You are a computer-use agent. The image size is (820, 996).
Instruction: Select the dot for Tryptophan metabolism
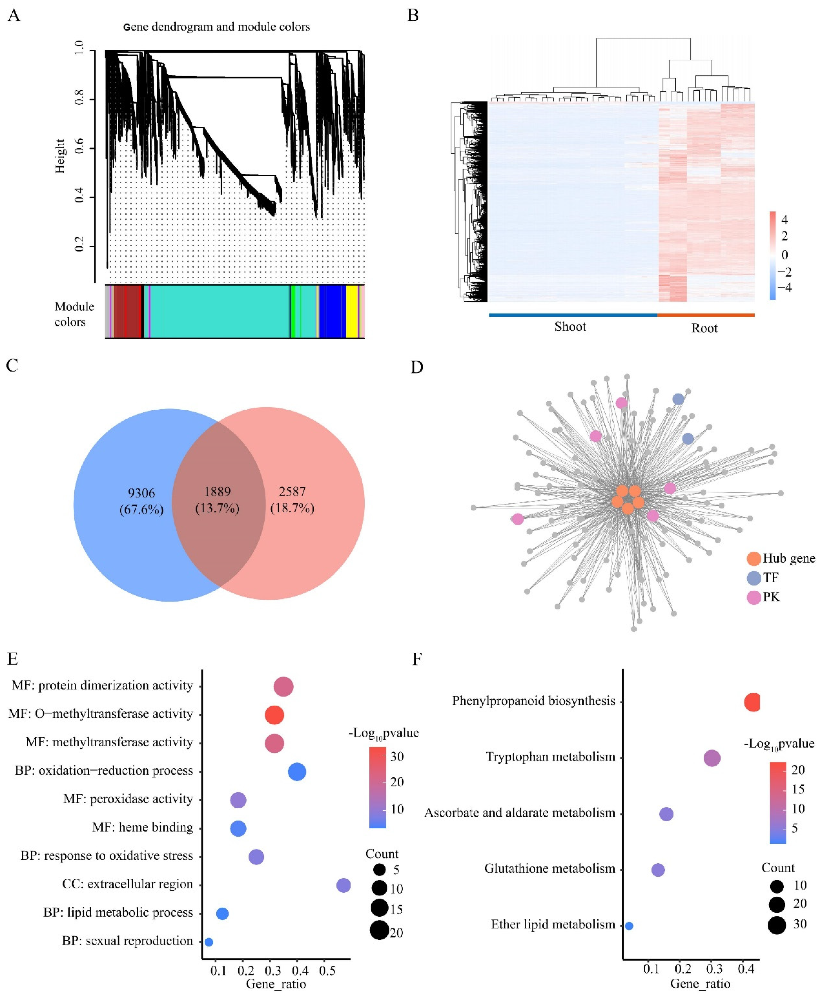coord(712,758)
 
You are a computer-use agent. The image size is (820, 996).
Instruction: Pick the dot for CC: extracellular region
coord(343,885)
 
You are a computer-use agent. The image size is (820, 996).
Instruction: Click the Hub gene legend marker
coord(754,559)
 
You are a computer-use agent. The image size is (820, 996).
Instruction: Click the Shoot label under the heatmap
coord(570,327)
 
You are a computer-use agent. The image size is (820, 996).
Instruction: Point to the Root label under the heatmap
coord(704,328)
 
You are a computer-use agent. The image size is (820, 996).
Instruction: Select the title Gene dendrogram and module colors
coord(217,27)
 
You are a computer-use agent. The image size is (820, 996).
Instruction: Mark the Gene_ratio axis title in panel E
coord(276,984)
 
